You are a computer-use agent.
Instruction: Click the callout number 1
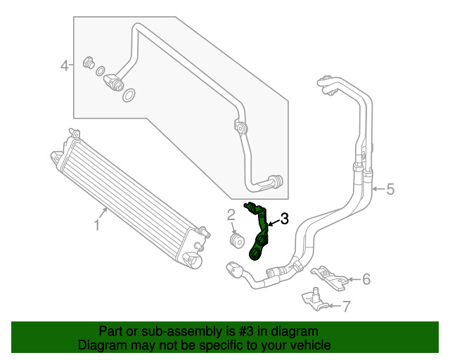pyautogui.click(x=97, y=225)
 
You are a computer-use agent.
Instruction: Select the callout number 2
pyautogui.click(x=231, y=214)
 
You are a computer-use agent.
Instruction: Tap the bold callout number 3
pyautogui.click(x=284, y=219)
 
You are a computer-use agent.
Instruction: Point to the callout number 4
pyautogui.click(x=64, y=66)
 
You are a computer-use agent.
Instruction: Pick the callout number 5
pyautogui.click(x=390, y=188)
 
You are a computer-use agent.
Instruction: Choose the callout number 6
pyautogui.click(x=366, y=279)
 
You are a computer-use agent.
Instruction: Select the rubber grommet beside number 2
pyautogui.click(x=236, y=239)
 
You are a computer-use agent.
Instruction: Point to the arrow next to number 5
pyautogui.click(x=378, y=188)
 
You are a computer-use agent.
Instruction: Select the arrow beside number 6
pyautogui.click(x=353, y=280)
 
